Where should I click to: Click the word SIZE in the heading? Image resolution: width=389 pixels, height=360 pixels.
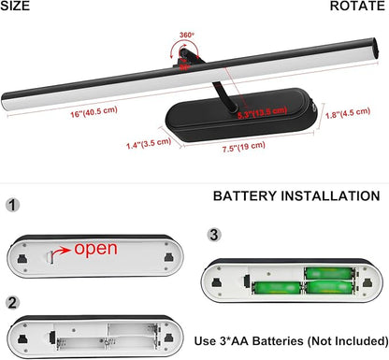point(15,6)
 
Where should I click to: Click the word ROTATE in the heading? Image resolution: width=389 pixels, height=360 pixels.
point(357,6)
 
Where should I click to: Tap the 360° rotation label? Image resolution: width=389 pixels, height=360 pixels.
point(187,35)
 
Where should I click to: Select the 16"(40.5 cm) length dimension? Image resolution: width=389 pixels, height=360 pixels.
point(94,112)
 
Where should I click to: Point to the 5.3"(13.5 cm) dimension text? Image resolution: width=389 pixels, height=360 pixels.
point(262,112)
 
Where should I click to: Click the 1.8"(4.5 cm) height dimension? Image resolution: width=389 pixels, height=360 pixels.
point(348,113)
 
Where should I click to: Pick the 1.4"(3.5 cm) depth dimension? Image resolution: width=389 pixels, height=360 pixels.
point(149,143)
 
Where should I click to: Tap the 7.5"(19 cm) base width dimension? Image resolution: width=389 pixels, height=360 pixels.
point(244,147)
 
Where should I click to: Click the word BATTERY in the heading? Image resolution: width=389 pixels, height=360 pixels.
point(245,196)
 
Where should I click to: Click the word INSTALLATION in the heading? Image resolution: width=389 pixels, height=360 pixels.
point(330,196)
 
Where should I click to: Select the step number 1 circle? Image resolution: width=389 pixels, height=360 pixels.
point(12,206)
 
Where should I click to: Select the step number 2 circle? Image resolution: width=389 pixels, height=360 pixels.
point(12,303)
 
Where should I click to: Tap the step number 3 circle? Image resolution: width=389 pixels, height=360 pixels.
point(214,235)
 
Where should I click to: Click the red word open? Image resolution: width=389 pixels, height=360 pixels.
point(95,249)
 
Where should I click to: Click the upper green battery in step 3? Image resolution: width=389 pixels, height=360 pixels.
point(329,273)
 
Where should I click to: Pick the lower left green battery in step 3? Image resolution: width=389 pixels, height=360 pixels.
point(276,288)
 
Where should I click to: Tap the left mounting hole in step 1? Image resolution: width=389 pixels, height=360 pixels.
point(22,258)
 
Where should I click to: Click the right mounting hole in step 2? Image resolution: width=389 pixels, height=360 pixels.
point(169,338)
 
